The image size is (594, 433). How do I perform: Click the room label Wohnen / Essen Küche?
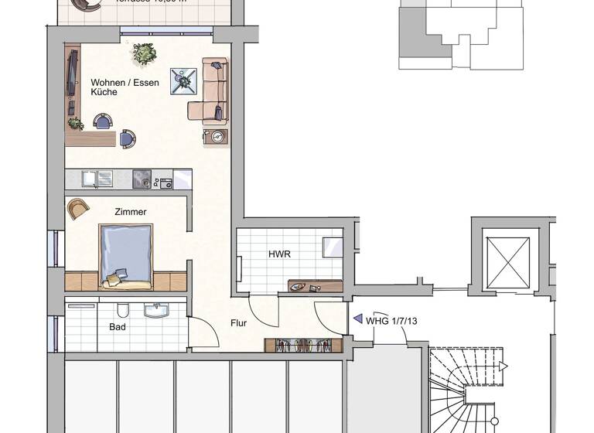[x=114, y=87]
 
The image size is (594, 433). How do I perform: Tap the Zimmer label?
[x=130, y=211]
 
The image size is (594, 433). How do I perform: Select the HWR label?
[x=278, y=254]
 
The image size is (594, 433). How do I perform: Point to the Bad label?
[x=118, y=327]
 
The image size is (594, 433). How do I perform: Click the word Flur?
[x=238, y=322]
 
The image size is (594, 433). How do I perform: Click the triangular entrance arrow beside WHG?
[x=357, y=318]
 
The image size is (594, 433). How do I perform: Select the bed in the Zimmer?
[x=125, y=256]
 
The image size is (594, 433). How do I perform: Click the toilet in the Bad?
[x=121, y=311]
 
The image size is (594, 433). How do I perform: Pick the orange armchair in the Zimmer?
[x=78, y=208]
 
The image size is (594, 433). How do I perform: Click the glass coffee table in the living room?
[x=183, y=81]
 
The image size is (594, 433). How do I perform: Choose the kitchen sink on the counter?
[x=98, y=179]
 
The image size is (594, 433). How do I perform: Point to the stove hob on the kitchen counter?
[x=141, y=179]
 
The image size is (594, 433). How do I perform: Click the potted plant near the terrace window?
[x=144, y=53]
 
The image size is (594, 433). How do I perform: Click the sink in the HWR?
[x=299, y=285]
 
